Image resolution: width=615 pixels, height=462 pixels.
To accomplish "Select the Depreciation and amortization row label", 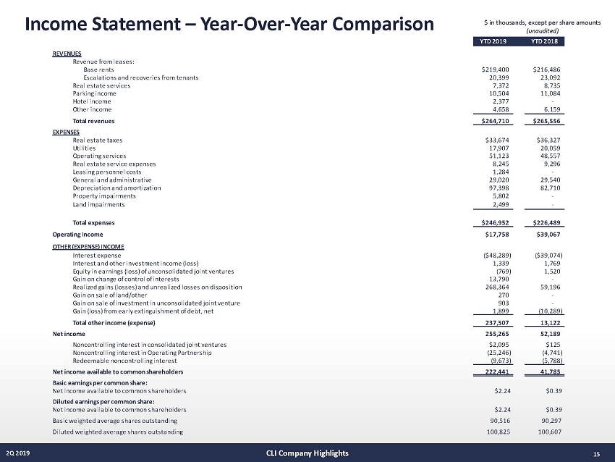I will click(x=116, y=188).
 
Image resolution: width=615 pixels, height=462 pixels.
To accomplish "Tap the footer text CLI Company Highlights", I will click(x=307, y=453).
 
